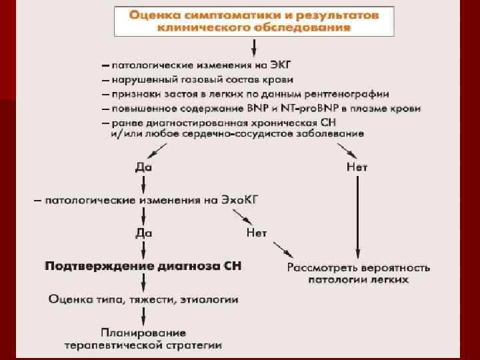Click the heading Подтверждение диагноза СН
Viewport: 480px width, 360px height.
tap(143, 266)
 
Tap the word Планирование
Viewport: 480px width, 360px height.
tap(144, 332)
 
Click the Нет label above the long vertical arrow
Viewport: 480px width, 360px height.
tap(357, 167)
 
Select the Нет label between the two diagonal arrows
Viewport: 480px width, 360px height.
tap(257, 233)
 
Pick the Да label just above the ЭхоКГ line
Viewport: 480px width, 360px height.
tap(143, 167)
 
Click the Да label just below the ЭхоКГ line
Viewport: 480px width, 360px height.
tap(143, 233)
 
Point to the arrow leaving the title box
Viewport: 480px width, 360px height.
tap(253, 48)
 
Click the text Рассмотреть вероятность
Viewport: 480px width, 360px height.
tap(359, 267)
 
